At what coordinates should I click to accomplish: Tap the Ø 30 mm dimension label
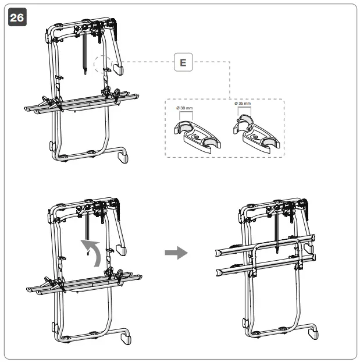(x=185, y=108)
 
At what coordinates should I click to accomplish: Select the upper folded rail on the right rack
(x=265, y=244)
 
